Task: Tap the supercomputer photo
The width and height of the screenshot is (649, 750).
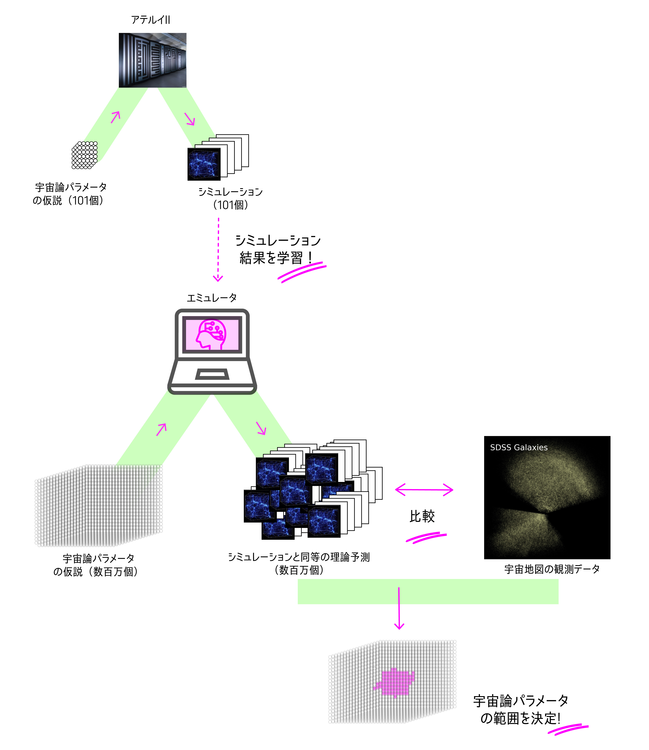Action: tap(152, 60)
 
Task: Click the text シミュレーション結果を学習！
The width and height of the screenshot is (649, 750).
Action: tap(278, 249)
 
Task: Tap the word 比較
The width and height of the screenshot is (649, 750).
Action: tap(422, 516)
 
